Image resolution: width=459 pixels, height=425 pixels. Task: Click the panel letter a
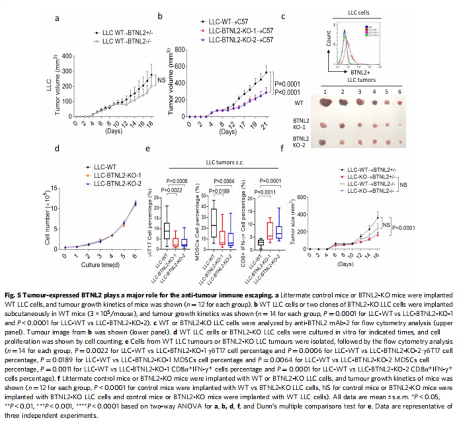pos(57,18)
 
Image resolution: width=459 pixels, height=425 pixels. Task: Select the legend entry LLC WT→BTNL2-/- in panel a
pos(126,41)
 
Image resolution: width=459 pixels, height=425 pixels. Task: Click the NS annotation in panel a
pos(161,80)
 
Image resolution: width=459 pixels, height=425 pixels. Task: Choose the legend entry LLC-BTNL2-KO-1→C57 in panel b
pos(241,31)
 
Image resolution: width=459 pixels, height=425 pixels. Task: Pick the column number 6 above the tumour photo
pos(400,91)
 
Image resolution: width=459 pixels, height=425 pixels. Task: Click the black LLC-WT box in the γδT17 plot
pos(166,231)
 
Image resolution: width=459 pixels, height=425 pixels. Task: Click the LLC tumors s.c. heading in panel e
pos(225,162)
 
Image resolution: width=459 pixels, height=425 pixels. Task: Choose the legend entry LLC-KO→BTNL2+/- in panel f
pos(370,176)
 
